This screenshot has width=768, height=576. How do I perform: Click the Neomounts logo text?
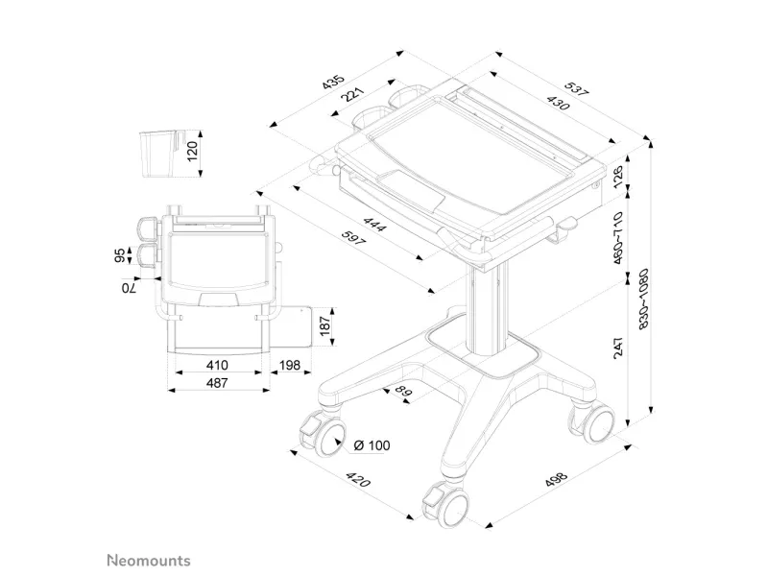point(148,560)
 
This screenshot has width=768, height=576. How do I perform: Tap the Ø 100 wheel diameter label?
point(373,445)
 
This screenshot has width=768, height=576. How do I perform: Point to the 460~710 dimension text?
point(619,237)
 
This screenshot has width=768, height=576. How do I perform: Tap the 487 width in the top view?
point(217,383)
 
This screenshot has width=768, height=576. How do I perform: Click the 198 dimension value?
point(287,366)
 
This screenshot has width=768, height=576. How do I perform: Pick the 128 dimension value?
point(619,177)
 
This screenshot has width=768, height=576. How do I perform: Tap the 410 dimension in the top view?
point(217,366)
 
